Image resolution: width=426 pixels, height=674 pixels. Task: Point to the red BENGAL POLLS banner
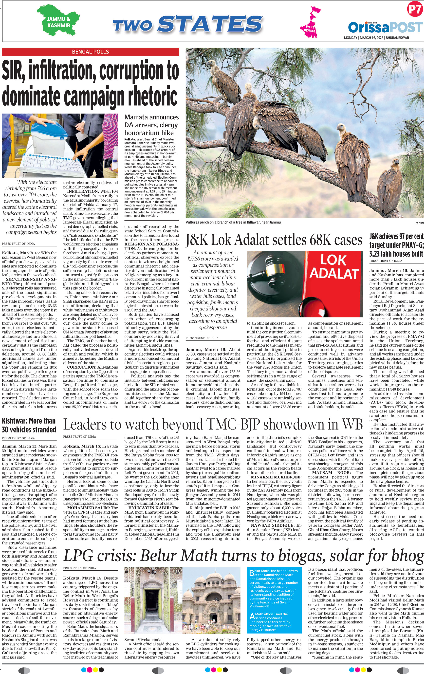91,52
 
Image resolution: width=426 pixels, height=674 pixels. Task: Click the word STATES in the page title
210,24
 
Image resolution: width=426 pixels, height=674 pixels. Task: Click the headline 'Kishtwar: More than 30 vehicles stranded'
29,425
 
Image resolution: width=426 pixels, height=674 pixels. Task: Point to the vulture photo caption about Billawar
233,222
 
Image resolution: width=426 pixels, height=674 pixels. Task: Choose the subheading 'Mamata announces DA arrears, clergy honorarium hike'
151,125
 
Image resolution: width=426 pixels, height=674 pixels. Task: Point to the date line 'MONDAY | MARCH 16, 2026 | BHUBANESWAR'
376,38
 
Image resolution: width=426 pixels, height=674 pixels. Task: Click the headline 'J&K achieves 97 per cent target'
396,245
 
